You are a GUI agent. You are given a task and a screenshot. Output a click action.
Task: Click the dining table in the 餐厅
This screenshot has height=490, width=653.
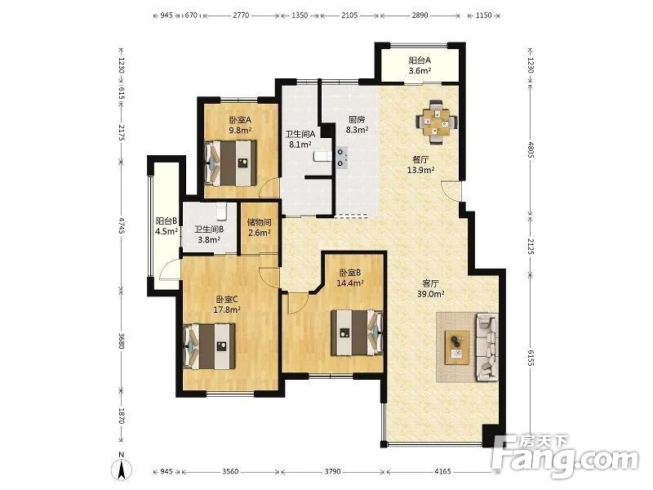point(436,122)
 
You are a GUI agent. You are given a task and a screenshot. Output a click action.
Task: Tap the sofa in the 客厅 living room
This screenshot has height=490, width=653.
point(486,346)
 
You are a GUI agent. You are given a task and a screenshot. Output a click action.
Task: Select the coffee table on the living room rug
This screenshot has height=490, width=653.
point(457,348)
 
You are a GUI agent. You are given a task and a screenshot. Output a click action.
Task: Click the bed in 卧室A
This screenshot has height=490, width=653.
point(231,163)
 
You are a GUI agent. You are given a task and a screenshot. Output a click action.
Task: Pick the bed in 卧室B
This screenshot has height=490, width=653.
point(357,332)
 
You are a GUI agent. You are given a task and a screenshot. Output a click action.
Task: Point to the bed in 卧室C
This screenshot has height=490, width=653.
point(209,346)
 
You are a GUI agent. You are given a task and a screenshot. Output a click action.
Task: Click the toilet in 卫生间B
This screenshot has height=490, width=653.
point(220,211)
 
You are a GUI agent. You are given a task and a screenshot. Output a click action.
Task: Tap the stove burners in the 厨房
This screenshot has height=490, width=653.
point(342,158)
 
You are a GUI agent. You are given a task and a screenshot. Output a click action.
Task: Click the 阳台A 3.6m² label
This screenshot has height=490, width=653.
point(420,65)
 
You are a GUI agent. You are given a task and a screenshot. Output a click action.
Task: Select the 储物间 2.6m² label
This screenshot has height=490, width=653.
point(259,228)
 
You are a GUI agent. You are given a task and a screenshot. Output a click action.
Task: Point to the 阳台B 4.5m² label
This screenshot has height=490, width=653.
point(167,226)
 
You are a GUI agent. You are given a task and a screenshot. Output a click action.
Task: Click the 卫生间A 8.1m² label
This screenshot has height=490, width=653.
point(300,140)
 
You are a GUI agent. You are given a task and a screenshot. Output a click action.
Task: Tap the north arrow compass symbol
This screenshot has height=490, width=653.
point(121,467)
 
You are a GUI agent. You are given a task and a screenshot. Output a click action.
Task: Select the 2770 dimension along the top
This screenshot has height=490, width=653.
point(241,16)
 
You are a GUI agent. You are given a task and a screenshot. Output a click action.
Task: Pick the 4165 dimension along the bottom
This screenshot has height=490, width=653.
point(442,471)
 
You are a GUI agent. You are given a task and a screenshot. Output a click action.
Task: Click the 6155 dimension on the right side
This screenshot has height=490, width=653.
point(530,358)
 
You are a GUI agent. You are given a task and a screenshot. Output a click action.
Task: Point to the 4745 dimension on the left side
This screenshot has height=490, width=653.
point(121,225)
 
